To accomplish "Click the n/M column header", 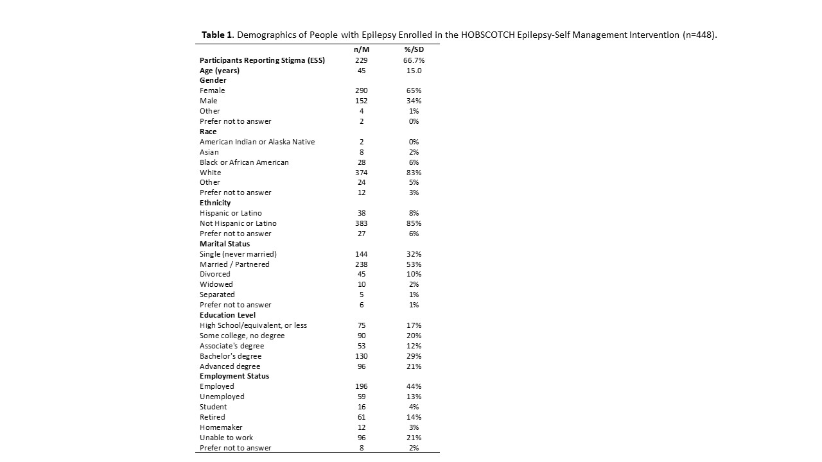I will click(x=362, y=50).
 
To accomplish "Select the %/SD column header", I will click(x=414, y=50).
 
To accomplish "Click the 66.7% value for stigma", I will click(x=414, y=60).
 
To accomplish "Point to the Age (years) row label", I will click(x=219, y=71).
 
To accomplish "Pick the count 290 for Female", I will click(x=362, y=90).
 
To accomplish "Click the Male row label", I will click(x=209, y=101).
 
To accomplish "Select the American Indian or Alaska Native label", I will click(x=257, y=142).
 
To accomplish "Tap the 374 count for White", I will click(x=362, y=173).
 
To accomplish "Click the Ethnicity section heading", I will click(x=215, y=203).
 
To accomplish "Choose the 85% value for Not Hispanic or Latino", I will click(x=414, y=223).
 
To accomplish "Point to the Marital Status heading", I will click(x=225, y=244).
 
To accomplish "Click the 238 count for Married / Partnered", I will click(x=362, y=264).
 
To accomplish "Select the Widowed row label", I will click(x=216, y=284).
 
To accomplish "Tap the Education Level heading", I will click(x=227, y=315).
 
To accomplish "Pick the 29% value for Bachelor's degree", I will click(x=414, y=356).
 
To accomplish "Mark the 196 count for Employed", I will click(x=362, y=386).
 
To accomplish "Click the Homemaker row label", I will click(x=221, y=427).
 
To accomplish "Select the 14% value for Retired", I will click(x=414, y=417).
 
